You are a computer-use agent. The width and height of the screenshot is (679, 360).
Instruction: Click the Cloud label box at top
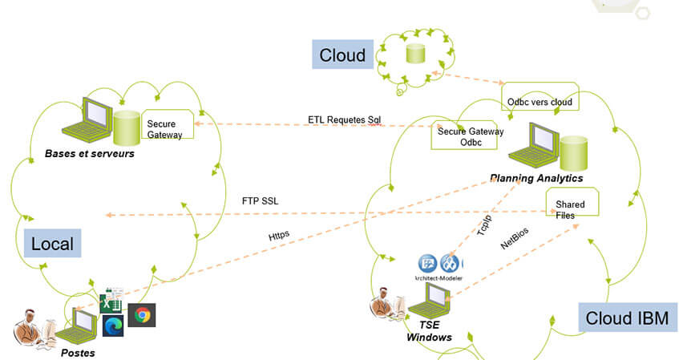342,55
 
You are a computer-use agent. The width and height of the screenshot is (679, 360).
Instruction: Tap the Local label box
52,244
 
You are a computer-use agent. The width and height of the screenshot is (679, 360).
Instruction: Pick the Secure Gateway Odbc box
469,136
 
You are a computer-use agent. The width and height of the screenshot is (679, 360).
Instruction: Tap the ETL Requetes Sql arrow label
345,119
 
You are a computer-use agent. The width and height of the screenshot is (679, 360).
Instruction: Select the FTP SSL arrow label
260,200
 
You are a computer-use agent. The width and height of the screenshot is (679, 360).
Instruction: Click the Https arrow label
279,237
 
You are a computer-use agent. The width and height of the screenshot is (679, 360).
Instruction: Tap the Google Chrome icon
142,315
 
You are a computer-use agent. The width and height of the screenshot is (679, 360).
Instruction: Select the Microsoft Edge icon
111,326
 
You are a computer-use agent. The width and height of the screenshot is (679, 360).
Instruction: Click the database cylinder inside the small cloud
414,54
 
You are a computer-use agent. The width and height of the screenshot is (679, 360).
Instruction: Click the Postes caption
79,353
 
